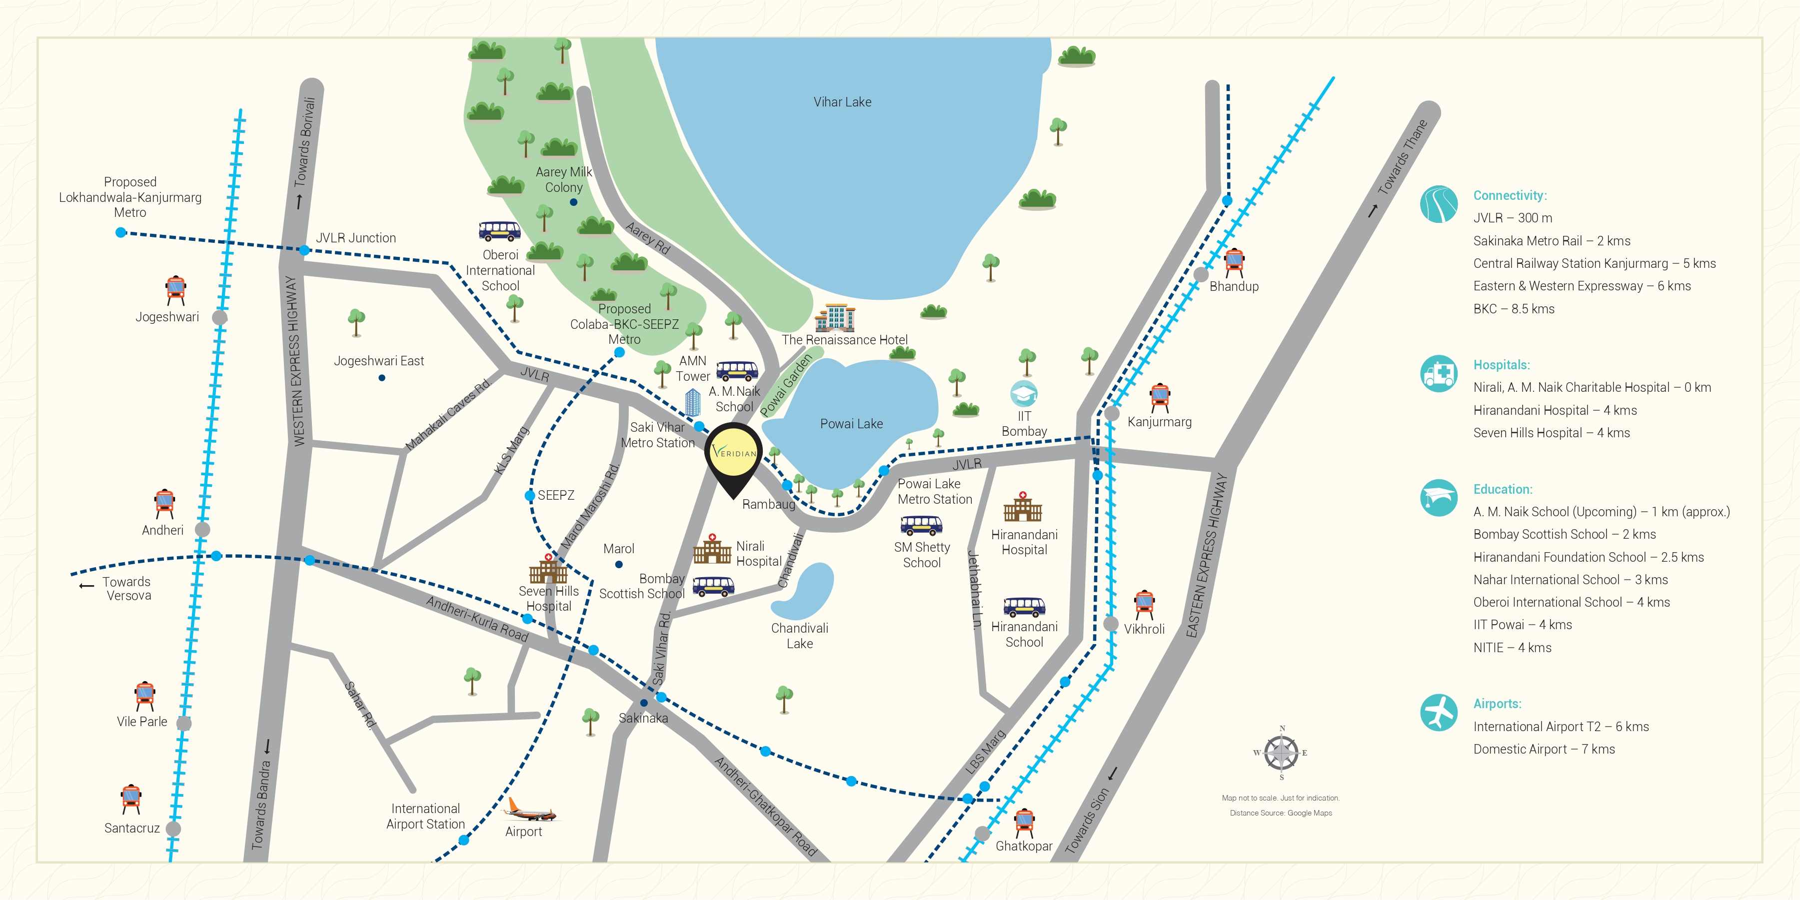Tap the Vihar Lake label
842,102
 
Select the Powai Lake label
851,423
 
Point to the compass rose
1282,753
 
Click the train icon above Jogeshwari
176,289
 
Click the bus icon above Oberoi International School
500,230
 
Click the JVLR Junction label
356,237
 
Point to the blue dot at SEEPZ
530,495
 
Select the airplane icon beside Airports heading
1439,713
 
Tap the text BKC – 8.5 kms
1514,309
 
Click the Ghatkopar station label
1024,846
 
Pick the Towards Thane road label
1402,158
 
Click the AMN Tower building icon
692,402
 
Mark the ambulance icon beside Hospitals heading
1439,373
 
